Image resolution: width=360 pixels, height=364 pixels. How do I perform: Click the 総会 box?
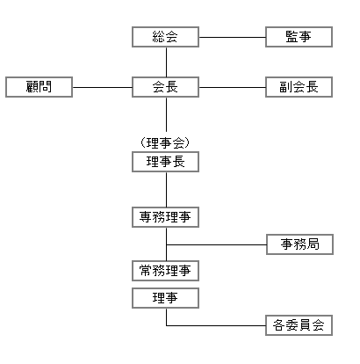click(x=165, y=37)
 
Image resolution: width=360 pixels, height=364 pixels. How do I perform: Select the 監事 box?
click(x=299, y=37)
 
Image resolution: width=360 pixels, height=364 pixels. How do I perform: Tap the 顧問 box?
click(x=39, y=87)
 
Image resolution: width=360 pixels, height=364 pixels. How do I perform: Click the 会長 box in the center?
click(x=165, y=87)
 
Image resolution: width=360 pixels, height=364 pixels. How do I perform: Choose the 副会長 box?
click(x=299, y=87)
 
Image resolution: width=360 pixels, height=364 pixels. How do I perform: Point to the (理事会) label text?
click(x=165, y=142)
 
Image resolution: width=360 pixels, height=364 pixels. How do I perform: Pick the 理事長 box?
click(x=165, y=162)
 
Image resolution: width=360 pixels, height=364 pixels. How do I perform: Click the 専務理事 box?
click(x=165, y=217)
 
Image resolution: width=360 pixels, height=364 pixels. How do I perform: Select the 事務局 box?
click(x=299, y=244)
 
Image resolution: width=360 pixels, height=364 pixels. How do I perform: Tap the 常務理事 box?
click(x=165, y=271)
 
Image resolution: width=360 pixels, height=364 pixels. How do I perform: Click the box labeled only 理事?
click(x=165, y=298)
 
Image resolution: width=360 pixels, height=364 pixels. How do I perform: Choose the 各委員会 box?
click(x=299, y=325)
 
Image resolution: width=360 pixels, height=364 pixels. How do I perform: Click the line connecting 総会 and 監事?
click(x=233, y=37)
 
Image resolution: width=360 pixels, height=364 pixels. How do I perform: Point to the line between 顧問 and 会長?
click(x=103, y=87)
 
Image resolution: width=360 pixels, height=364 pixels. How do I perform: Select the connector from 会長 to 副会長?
click(x=233, y=87)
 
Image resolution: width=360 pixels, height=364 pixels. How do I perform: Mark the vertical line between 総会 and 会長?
click(x=166, y=62)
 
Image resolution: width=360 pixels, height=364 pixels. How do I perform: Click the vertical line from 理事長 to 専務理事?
click(x=166, y=190)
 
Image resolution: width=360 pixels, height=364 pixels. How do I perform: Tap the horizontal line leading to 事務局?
click(x=217, y=244)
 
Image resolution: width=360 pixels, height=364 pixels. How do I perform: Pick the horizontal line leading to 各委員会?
click(x=216, y=325)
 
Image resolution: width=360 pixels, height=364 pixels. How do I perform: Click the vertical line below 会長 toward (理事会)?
click(x=166, y=114)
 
